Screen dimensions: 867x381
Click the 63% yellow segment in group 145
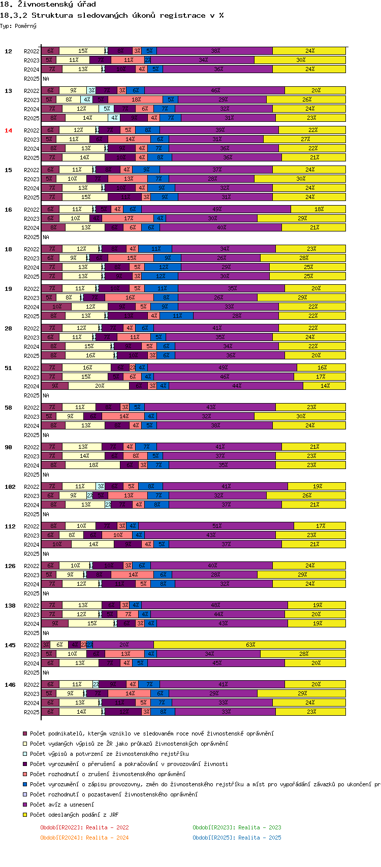pos(250,645)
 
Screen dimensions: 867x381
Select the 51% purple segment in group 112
pos(216,526)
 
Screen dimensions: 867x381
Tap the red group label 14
pos(8,130)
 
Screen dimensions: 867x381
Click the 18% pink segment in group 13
pos(136,99)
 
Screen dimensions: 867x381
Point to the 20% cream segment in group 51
pos(99,386)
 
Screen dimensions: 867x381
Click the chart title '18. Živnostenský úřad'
pos(48,5)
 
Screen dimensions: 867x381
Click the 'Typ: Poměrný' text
pos(18,26)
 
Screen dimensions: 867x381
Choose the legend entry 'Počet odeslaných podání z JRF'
pos(74,814)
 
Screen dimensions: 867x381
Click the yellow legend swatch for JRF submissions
pos(24,814)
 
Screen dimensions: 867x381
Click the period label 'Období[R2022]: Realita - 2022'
pos(84,827)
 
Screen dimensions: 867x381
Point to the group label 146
pos(10,685)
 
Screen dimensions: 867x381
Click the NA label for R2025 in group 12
pos(46,79)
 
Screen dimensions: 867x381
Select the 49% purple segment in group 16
pos(216,209)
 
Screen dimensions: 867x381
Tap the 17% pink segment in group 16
pos(128,218)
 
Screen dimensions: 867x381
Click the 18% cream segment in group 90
pos(93,465)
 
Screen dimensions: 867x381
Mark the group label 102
pos(10,487)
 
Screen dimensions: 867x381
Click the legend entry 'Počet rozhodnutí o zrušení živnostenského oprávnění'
pos(107,774)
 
